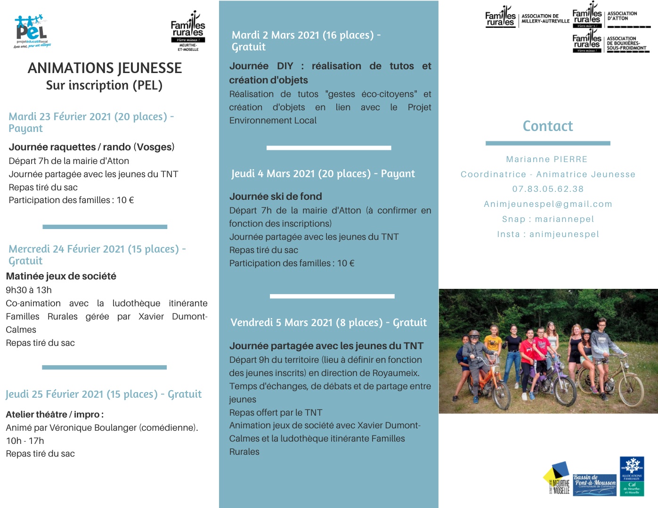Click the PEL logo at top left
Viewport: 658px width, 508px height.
click(32, 31)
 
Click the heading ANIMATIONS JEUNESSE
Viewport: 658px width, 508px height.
click(105, 68)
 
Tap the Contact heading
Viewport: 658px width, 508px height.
click(548, 126)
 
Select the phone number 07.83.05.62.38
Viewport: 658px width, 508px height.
click(548, 189)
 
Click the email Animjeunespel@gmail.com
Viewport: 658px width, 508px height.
click(548, 204)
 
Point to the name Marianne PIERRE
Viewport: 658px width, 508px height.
click(547, 159)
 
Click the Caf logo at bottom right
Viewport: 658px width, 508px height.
click(632, 476)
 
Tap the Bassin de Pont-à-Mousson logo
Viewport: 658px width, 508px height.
click(594, 485)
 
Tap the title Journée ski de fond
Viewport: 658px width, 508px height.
click(276, 197)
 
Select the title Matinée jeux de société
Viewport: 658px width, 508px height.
click(61, 276)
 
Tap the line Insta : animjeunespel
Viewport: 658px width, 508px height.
click(548, 234)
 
